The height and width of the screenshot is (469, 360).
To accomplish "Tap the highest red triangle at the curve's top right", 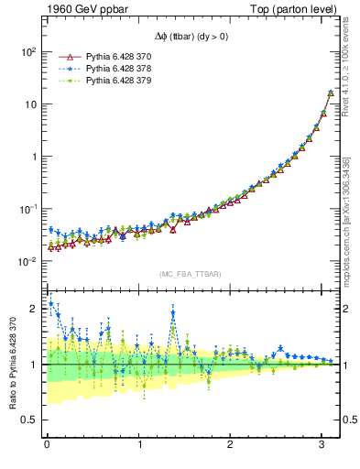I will point(330,93).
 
